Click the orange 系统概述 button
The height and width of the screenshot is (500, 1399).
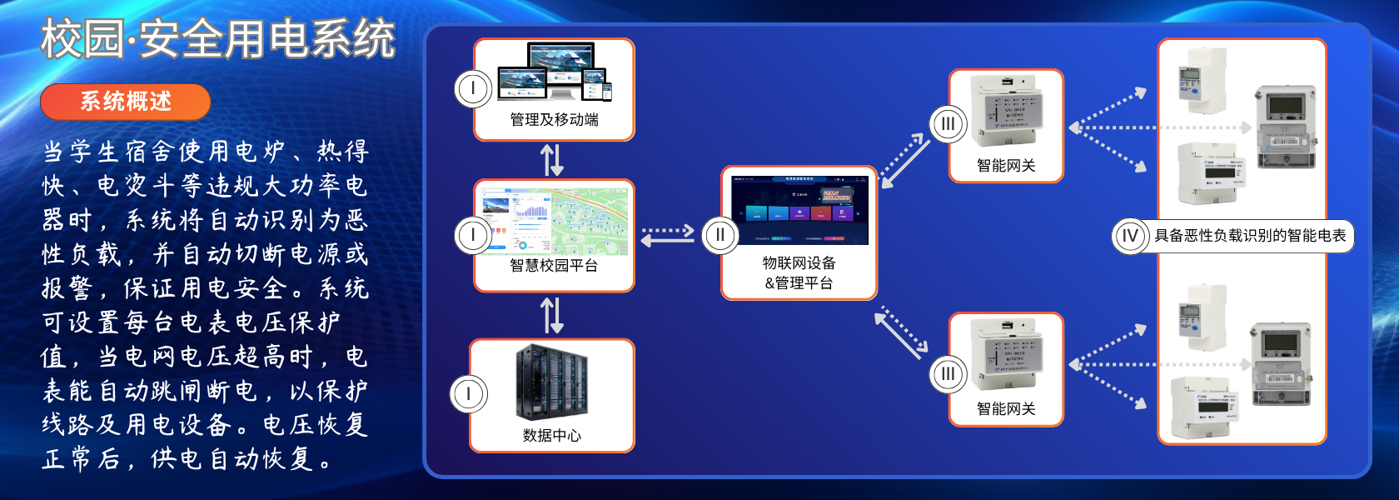tap(125, 102)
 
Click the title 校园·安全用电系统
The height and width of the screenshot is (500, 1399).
tap(218, 40)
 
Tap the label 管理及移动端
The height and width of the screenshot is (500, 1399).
tap(554, 120)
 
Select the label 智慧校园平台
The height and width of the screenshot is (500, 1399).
tap(554, 266)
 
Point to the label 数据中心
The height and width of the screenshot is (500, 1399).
tap(552, 435)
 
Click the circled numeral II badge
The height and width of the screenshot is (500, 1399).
tap(720, 235)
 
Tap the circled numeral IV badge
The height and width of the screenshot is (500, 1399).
tap(1130, 236)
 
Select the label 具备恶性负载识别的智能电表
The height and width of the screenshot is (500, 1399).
tap(1250, 236)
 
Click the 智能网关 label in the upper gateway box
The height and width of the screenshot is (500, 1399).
tap(1006, 166)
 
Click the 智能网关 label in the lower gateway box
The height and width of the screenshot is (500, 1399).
tap(1006, 409)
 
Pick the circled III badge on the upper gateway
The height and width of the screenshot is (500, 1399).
tap(948, 124)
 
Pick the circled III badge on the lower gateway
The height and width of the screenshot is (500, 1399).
tap(948, 374)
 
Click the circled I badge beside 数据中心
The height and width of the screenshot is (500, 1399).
tap(468, 394)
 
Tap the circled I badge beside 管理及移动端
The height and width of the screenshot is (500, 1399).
tap(473, 88)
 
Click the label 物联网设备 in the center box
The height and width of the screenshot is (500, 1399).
tap(799, 263)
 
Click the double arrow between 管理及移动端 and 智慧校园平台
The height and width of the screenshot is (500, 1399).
tap(552, 160)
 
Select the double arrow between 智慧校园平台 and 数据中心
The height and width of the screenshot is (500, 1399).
tap(552, 316)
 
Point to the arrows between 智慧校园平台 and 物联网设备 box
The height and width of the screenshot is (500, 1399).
tap(668, 235)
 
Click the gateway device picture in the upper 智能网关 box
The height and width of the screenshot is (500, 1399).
tap(1006, 111)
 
